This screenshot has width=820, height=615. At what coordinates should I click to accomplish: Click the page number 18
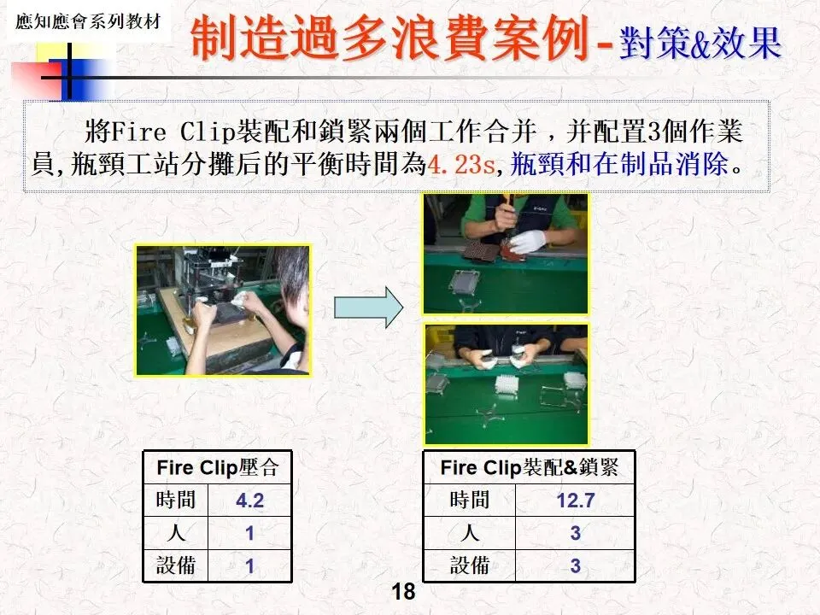pos(403,591)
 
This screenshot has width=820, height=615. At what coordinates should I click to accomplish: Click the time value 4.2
pos(249,501)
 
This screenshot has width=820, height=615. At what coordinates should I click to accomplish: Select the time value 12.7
pos(575,501)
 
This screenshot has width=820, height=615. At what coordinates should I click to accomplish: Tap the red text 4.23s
pos(460,164)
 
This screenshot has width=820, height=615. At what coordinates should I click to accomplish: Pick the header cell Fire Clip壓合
pos(218,467)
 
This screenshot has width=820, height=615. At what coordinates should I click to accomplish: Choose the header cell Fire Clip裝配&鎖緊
pos(529,467)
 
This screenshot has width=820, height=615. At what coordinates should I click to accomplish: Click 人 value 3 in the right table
pos(575,533)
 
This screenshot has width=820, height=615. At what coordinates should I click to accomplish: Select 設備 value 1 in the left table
pos(250,565)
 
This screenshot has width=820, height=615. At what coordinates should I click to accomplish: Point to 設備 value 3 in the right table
pos(575,565)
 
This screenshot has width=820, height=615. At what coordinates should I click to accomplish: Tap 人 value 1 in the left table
pos(250,533)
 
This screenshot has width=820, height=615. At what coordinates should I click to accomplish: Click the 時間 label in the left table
pos(176,500)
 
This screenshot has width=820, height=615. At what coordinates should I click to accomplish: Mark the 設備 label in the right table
pos(470,565)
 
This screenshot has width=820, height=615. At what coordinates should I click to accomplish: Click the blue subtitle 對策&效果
pos(700,43)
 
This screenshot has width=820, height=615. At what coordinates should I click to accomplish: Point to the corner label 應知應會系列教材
pos(87,21)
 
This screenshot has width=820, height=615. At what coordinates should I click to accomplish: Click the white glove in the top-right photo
pos(527,242)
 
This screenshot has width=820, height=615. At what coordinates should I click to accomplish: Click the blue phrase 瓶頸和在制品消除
pos(619,164)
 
